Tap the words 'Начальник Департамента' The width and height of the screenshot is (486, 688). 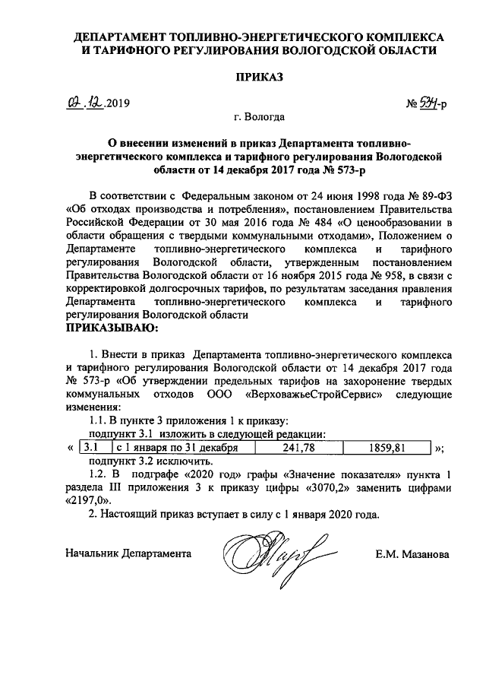pyautogui.click(x=128, y=554)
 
